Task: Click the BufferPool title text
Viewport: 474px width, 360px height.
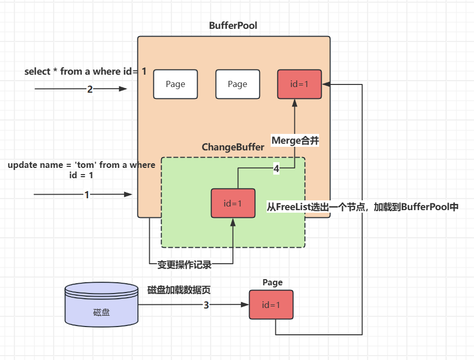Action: (x=233, y=26)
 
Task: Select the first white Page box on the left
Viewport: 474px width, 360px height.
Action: (x=175, y=84)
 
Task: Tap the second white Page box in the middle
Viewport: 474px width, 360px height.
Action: (x=237, y=84)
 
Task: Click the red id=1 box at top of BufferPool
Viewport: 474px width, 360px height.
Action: (x=300, y=84)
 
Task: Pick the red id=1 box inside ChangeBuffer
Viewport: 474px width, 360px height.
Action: (x=233, y=203)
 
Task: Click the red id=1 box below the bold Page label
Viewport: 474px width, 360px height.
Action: (x=271, y=304)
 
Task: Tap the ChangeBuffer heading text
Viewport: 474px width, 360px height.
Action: (x=233, y=147)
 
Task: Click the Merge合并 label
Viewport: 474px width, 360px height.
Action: (x=295, y=141)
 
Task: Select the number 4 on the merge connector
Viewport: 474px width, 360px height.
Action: (x=276, y=168)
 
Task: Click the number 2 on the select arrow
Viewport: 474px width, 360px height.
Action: (x=90, y=89)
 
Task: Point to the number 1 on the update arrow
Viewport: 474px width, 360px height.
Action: (x=86, y=195)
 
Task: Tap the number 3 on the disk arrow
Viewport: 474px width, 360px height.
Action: (x=206, y=305)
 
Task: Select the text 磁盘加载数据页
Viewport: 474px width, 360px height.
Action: (x=179, y=290)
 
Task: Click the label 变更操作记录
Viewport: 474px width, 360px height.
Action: (x=184, y=265)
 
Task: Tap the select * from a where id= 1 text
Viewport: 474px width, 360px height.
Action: (x=85, y=72)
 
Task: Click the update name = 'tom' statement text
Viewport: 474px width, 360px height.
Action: (x=81, y=165)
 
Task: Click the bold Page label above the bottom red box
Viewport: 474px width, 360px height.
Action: (x=272, y=282)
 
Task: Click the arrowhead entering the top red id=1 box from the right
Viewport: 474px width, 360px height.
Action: (x=326, y=84)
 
